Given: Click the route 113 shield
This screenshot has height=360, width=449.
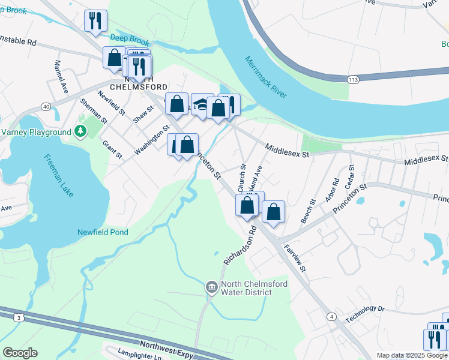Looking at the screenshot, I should [x=353, y=79].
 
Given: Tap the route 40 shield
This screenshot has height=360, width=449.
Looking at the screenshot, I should [x=46, y=106].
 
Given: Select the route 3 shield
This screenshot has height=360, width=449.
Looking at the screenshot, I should [x=19, y=317].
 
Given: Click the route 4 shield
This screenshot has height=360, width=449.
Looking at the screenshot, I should [x=331, y=316].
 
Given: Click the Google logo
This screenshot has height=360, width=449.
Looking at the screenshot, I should [x=20, y=353].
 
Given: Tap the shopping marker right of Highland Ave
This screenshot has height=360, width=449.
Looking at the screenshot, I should [x=273, y=212].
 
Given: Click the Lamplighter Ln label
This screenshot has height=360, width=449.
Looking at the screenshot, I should [x=140, y=356].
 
